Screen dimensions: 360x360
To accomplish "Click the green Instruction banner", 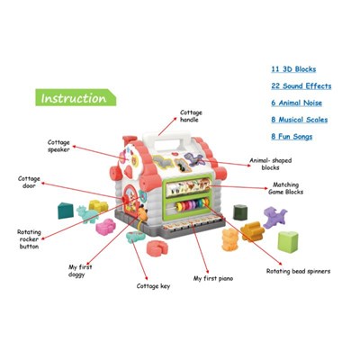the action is tap(76, 97).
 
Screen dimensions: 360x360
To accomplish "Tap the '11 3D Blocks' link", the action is tap(293, 69).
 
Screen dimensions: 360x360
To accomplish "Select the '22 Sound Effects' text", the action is tap(301, 86).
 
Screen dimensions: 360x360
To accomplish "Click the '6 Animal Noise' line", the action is tap(296, 103).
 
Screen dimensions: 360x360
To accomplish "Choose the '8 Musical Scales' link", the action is tap(300, 120).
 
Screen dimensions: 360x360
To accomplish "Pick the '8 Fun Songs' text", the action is tap(292, 137).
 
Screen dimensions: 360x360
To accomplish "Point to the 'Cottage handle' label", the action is tap(191, 116).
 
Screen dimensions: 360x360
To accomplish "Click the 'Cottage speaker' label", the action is tap(58, 146).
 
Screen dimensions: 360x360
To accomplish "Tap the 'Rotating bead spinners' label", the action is tap(298, 271).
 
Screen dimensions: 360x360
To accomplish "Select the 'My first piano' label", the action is tap(213, 279).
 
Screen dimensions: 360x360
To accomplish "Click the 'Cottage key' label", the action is tap(153, 286).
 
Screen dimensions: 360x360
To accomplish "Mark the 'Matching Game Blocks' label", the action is tap(285, 188).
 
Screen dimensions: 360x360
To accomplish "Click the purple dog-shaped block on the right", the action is tap(274, 217).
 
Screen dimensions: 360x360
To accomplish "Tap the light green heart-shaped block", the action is tap(288, 242).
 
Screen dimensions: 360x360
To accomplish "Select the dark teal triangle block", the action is tap(66, 211).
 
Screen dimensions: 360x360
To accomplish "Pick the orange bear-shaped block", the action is tap(230, 239).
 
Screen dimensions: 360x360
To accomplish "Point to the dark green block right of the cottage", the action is tap(240, 212).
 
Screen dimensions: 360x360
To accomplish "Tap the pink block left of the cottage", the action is tap(105, 227).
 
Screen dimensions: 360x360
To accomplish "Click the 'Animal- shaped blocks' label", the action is tap(271, 164).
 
